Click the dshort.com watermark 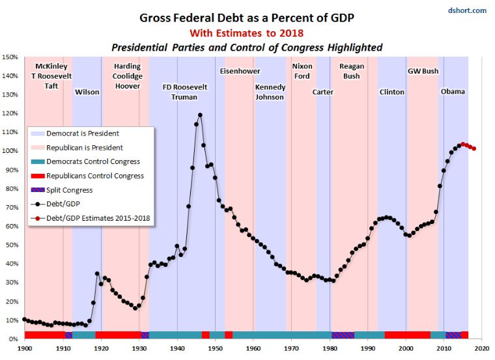click(468, 10)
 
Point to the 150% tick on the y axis click(10, 57)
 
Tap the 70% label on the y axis click(10, 208)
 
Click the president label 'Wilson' click(87, 92)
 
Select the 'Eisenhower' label click(240, 71)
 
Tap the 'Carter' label click(323, 92)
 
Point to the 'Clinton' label click(392, 92)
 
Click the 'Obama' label click(453, 92)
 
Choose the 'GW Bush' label click(423, 71)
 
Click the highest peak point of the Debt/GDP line click(200, 115)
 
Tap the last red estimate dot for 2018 click(474, 148)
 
